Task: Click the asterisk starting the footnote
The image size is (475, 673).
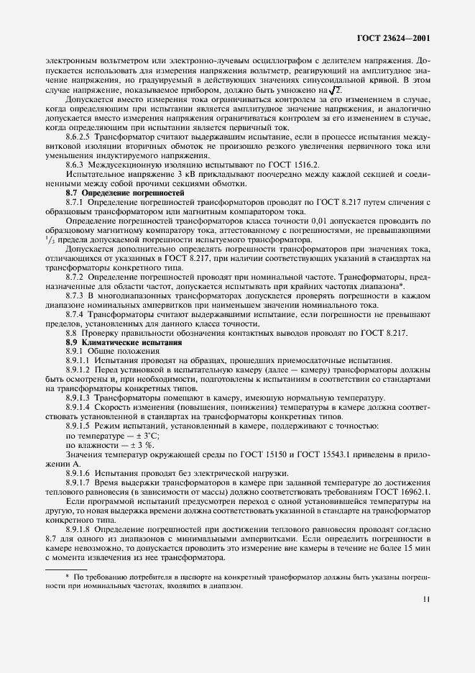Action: tap(67, 576)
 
